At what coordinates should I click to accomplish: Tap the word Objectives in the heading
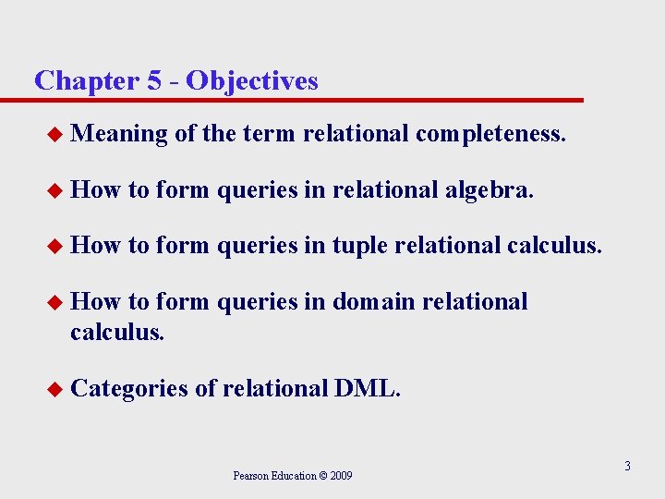pyautogui.click(x=251, y=81)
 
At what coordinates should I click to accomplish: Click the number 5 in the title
pyautogui.click(x=154, y=81)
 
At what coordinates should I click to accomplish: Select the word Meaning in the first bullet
pyautogui.click(x=118, y=135)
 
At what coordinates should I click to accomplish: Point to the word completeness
pyautogui.click(x=490, y=135)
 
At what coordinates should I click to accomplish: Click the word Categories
pyautogui.click(x=129, y=388)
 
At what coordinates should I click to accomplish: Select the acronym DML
pyautogui.click(x=368, y=388)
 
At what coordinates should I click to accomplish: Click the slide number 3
pyautogui.click(x=626, y=467)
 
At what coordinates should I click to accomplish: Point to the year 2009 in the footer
pyautogui.click(x=338, y=476)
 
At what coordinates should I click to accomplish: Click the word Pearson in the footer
pyautogui.click(x=251, y=476)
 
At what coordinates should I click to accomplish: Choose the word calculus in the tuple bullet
pyautogui.click(x=554, y=246)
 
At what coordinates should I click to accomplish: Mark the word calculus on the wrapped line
pyautogui.click(x=117, y=331)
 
